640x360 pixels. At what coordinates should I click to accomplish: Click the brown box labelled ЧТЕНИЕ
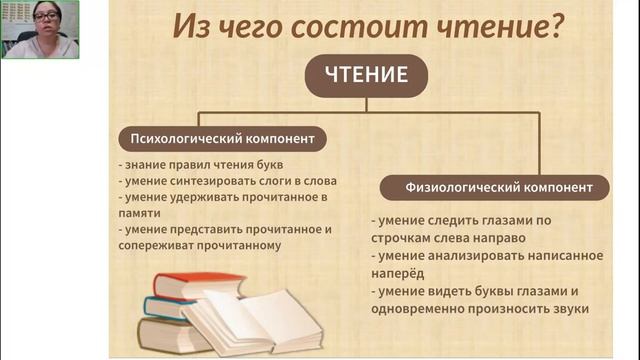click(366, 75)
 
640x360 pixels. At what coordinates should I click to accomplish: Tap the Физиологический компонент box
click(492, 187)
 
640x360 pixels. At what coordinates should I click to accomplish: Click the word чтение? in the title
click(496, 28)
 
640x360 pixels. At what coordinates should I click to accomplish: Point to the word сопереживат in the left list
click(153, 244)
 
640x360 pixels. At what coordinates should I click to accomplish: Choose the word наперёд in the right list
click(397, 273)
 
